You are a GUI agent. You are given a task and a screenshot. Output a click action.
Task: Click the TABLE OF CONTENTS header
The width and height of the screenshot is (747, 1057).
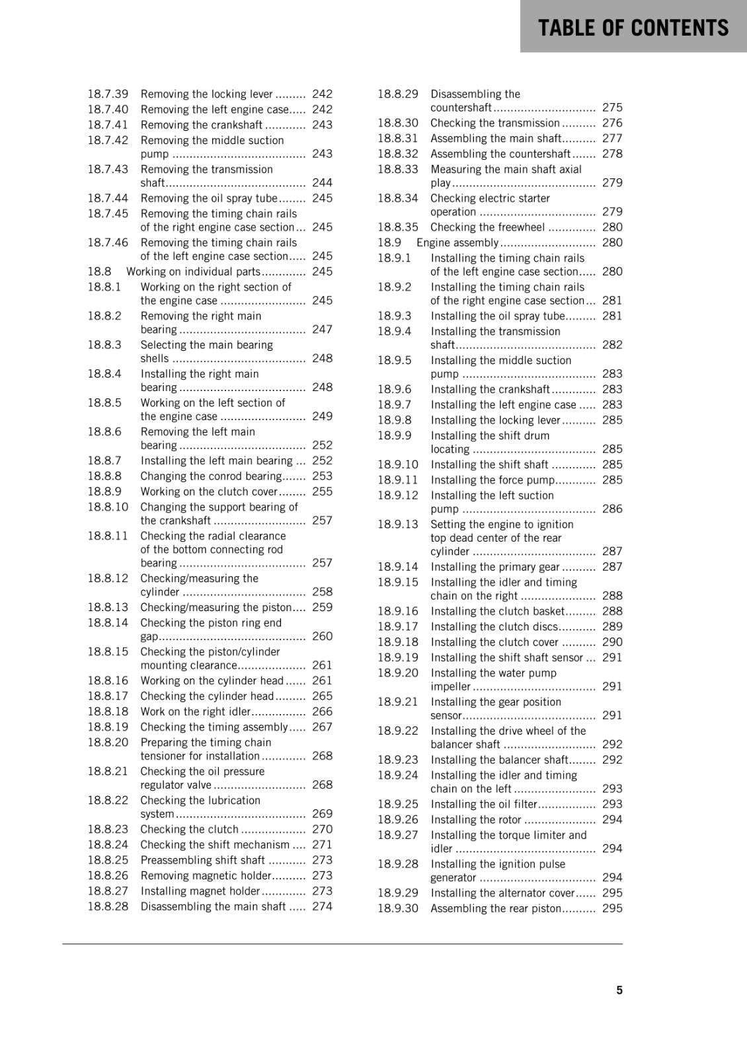[633, 28]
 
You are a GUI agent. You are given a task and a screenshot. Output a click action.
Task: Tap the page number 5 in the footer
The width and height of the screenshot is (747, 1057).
[619, 990]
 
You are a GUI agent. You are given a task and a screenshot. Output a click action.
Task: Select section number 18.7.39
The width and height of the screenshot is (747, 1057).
[108, 94]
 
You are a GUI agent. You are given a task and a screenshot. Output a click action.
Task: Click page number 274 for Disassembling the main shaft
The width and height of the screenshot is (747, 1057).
[322, 906]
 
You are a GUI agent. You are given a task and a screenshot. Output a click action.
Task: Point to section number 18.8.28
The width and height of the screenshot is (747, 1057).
[108, 906]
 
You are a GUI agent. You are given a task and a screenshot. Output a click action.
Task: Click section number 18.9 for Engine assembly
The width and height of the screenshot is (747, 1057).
[389, 242]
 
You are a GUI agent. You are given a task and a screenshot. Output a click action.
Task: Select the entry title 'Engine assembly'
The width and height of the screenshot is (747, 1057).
[457, 242]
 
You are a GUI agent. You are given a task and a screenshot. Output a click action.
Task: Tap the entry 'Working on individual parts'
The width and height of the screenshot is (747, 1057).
[193, 272]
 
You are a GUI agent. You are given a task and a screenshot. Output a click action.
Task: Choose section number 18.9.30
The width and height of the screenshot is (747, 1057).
[398, 908]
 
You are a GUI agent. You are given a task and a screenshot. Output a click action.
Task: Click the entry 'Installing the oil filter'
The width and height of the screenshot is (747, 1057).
[484, 804]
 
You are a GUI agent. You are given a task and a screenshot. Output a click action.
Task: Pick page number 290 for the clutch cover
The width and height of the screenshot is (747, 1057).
[612, 642]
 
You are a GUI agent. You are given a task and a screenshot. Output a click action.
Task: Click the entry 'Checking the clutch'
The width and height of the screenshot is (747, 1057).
[189, 829]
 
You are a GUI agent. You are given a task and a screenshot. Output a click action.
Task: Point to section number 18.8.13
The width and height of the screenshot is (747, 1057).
[108, 607]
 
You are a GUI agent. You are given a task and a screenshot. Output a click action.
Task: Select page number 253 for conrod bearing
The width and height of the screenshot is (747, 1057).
[322, 476]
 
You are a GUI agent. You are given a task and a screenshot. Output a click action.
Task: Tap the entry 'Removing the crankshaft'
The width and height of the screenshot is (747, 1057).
[202, 125]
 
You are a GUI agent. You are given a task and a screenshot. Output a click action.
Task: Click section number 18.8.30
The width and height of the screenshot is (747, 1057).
[398, 123]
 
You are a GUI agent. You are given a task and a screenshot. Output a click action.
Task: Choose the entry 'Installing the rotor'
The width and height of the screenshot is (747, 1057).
[476, 820]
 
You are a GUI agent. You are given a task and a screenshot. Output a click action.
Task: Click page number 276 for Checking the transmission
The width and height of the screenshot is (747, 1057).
[612, 123]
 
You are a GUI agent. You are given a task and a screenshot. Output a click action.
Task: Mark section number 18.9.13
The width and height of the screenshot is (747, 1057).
[398, 525]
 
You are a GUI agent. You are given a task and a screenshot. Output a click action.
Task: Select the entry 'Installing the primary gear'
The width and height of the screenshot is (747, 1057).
[495, 567]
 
